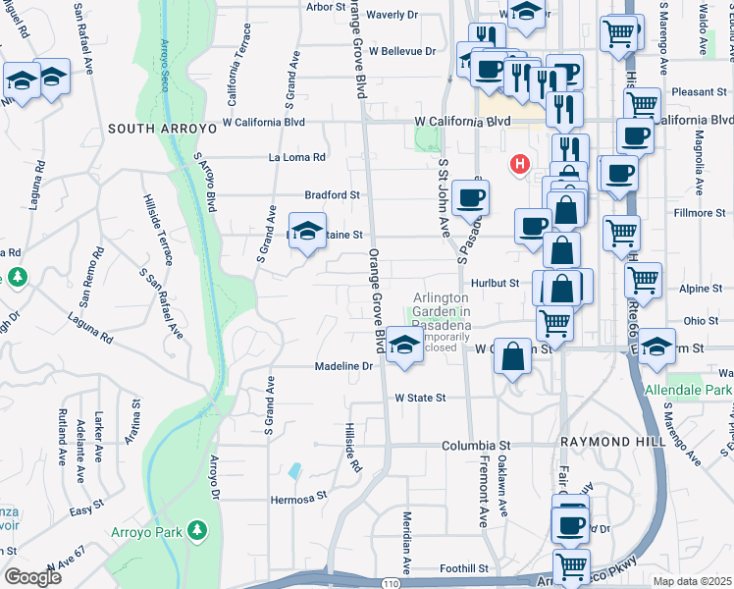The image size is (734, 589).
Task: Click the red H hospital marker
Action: [520, 164]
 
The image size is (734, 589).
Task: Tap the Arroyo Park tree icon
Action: [198, 531]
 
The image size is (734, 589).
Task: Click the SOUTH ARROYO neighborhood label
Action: [158, 129]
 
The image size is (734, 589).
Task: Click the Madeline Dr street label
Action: [345, 366]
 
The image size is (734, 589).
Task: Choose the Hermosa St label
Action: [297, 499]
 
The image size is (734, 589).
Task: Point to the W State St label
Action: [420, 399]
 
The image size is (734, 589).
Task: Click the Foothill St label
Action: [464, 568]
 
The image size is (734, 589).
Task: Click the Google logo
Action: [33, 576]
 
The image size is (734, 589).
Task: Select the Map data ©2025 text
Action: [693, 580]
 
